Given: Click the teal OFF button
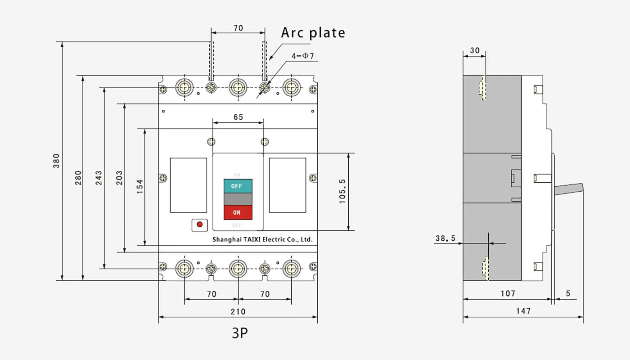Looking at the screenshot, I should click(x=238, y=186).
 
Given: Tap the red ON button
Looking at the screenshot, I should click(x=238, y=212).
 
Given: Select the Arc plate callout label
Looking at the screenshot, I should click(x=313, y=33).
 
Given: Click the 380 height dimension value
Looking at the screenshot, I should click(x=56, y=161).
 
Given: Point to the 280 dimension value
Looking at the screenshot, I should click(x=78, y=177).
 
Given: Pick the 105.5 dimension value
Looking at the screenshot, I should click(x=342, y=191).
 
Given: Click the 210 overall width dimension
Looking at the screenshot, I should click(x=238, y=311).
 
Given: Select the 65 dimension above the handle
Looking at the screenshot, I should click(x=238, y=117).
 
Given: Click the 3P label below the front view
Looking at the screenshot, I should click(x=240, y=333).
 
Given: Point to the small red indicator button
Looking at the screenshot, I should click(x=199, y=225).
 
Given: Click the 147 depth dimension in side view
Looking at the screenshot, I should click(x=523, y=311).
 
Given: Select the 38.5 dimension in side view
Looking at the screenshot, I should click(x=445, y=238).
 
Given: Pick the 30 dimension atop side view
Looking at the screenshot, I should click(x=474, y=51).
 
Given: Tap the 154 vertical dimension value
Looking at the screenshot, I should click(x=140, y=187).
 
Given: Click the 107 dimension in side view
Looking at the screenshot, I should click(x=508, y=293).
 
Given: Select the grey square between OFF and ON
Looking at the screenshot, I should click(x=238, y=199).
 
